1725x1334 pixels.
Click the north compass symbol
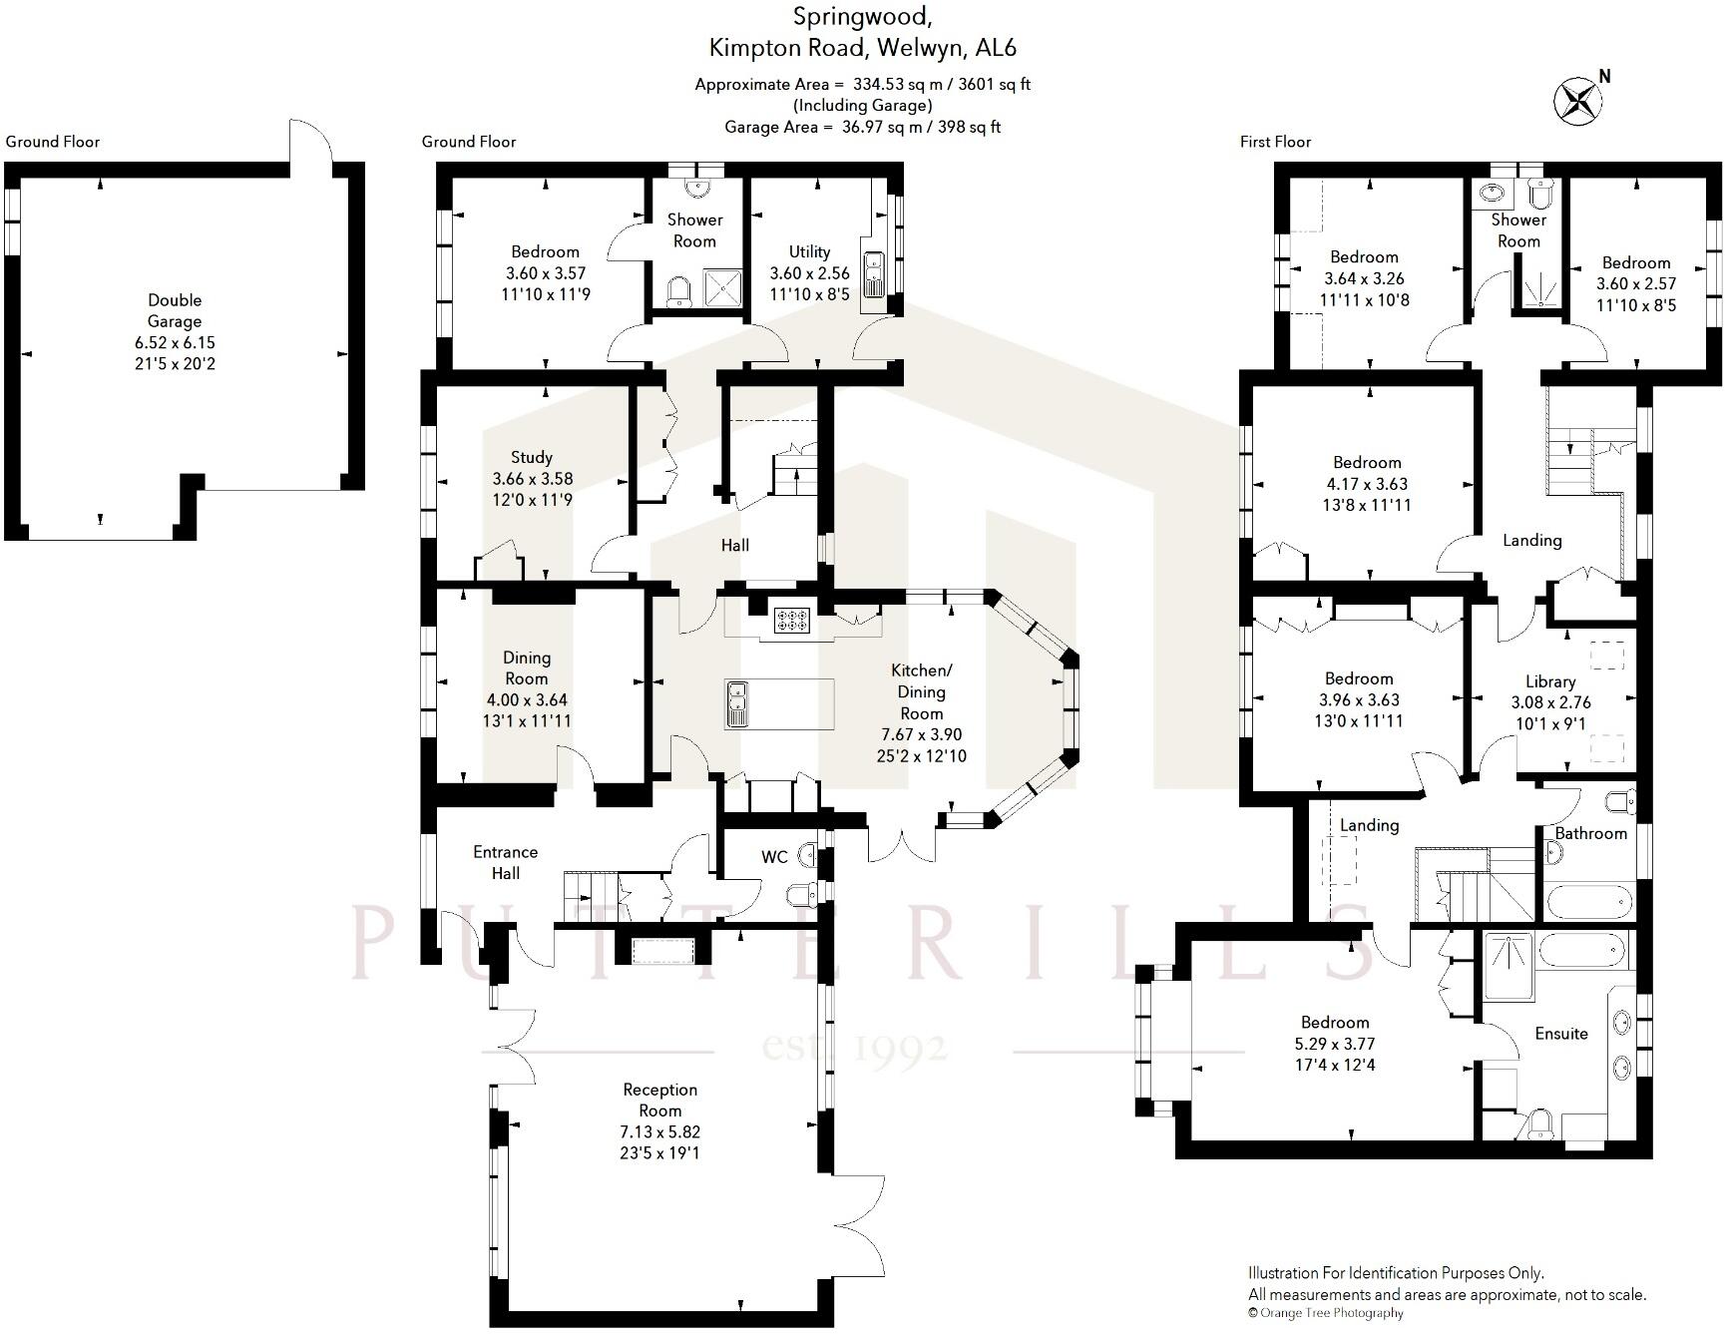pyautogui.click(x=1577, y=101)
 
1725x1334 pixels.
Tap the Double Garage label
pyautogui.click(x=175, y=310)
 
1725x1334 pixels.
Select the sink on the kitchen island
pyautogui.click(x=738, y=702)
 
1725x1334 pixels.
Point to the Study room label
pyautogui.click(x=531, y=457)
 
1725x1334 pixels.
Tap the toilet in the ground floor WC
pyautogui.click(x=802, y=892)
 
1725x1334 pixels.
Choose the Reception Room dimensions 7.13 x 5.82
pyautogui.click(x=659, y=1131)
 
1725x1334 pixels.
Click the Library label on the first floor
pyautogui.click(x=1549, y=681)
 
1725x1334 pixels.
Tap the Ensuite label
pyautogui.click(x=1560, y=1034)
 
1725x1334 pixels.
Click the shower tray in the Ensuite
pyautogui.click(x=1509, y=966)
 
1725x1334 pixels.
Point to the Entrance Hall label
pyautogui.click(x=505, y=862)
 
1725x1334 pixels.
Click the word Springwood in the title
pyautogui.click(x=863, y=16)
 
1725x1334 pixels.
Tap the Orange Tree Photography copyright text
pyautogui.click(x=1326, y=1313)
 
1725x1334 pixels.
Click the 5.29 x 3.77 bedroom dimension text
pyautogui.click(x=1335, y=1044)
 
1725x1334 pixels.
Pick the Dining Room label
pyautogui.click(x=526, y=667)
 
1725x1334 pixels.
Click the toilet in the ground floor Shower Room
pyautogui.click(x=679, y=290)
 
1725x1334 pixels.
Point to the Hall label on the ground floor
pyautogui.click(x=735, y=545)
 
